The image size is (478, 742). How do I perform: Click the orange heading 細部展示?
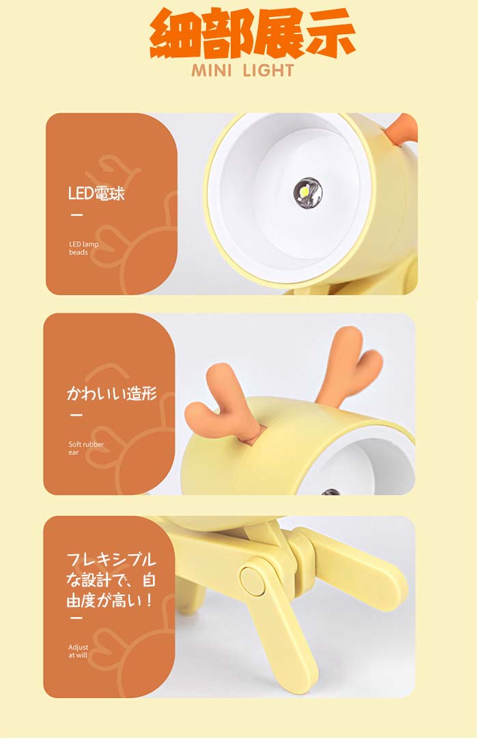pos(252,33)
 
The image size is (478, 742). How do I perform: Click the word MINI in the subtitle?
pos(212,71)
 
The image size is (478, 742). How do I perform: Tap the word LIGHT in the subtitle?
pos(268,71)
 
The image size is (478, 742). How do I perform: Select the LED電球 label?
pos(96,194)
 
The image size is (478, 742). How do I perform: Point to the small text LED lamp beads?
pos(84,248)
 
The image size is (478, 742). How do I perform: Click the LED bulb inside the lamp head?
pos(307,192)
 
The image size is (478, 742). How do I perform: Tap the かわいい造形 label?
pos(112,393)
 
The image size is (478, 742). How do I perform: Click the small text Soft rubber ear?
pos(85,448)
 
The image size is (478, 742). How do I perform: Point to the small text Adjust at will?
pos(78,651)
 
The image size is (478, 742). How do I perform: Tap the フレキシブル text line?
pos(111,559)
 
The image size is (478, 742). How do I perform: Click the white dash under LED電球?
pos(76,215)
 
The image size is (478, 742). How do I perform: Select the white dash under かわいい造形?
pos(76,415)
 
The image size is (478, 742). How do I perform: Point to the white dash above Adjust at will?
pos(76,618)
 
